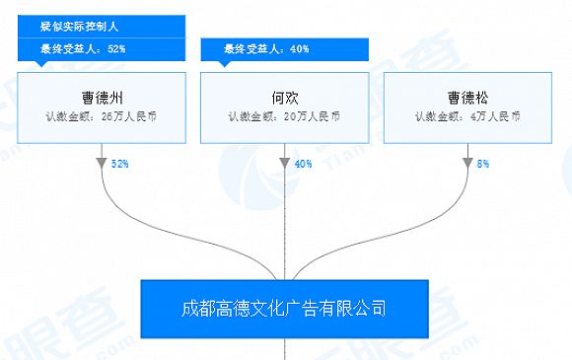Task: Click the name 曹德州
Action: [101, 98]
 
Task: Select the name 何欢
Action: [284, 98]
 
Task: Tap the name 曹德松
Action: [467, 98]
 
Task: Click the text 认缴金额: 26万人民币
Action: [101, 117]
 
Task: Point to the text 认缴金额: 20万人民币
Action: [284, 117]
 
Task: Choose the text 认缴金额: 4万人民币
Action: [467, 117]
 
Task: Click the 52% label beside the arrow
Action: [121, 163]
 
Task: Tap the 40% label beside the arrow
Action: [304, 163]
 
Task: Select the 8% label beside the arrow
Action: [483, 163]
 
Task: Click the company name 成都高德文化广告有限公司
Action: [284, 309]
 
